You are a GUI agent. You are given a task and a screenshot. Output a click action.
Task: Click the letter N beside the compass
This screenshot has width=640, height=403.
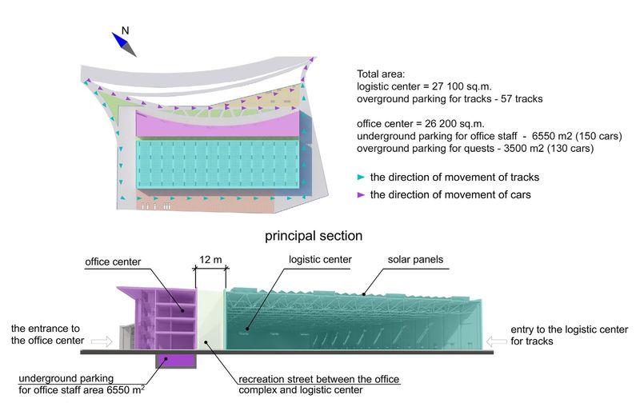point(126,30)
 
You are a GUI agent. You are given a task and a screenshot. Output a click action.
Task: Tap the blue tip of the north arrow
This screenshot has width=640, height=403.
point(112,33)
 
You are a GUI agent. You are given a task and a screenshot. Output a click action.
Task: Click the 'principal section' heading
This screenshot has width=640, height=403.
point(314,236)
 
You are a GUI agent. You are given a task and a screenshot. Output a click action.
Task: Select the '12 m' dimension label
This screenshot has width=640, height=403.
point(210,259)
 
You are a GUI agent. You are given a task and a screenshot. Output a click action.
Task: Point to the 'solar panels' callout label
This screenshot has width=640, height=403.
point(415,259)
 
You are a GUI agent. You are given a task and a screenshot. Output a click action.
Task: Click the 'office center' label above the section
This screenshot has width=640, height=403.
point(113,261)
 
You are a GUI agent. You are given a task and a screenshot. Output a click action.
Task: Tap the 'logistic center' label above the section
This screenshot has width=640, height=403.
point(320,259)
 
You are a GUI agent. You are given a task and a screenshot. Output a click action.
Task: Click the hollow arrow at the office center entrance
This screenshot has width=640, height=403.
point(102,341)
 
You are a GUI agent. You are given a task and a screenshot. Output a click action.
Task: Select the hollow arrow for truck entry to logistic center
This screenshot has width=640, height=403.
point(496,341)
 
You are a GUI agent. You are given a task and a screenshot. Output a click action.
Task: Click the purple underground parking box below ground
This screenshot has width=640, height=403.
point(176,360)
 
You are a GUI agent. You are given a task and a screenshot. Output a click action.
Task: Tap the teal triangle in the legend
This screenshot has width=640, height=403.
point(361,177)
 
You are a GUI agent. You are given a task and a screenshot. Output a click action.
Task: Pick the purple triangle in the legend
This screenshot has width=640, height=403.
point(361,195)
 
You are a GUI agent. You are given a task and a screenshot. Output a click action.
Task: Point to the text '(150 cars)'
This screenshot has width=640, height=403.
point(598,136)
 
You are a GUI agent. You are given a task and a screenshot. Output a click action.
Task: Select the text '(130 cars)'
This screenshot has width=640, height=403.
point(570,148)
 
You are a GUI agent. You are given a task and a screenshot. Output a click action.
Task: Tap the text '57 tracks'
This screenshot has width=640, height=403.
point(522,98)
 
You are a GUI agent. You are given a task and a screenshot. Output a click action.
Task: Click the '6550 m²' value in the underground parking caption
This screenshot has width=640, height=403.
point(126,390)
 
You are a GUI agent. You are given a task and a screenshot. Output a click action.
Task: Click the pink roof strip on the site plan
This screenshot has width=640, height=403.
point(218,125)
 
